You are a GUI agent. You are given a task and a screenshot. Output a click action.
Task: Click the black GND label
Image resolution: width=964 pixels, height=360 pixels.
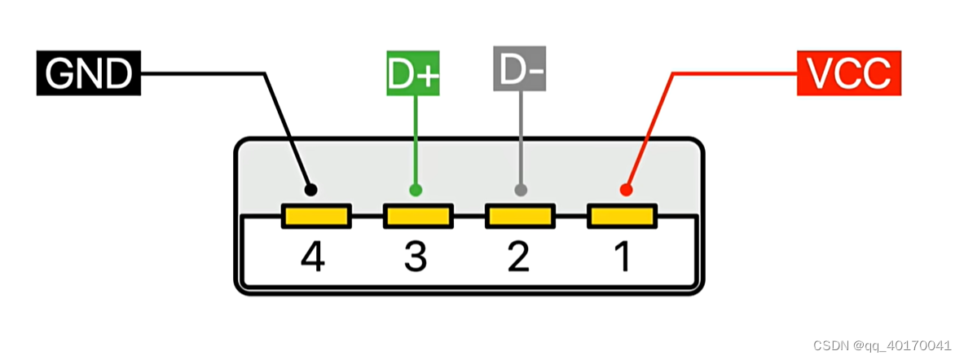click(88, 73)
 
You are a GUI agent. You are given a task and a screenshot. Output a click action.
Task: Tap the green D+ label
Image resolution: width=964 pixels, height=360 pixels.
click(413, 73)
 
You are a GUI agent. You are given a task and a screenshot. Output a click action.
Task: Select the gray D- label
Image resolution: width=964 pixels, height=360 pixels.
click(518, 71)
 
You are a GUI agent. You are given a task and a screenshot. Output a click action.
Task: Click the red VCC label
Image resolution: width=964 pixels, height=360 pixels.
click(847, 73)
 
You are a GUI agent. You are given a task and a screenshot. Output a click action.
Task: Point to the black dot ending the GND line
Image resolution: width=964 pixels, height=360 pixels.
click(310, 190)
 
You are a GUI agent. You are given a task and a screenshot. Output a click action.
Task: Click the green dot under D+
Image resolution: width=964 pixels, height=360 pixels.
click(416, 190)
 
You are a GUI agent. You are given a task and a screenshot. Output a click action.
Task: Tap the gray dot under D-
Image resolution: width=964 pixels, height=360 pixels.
click(521, 190)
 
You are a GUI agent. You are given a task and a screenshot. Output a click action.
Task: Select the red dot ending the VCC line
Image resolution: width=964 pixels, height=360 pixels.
click(626, 190)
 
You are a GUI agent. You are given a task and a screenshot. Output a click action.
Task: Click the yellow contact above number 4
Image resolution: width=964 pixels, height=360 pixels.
click(316, 217)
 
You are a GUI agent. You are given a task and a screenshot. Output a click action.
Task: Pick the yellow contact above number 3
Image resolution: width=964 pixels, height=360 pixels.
click(417, 217)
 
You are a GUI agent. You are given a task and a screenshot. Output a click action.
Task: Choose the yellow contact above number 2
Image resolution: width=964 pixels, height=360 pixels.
click(519, 217)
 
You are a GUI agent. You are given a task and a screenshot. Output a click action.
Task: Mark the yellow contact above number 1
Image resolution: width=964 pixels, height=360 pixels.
click(621, 217)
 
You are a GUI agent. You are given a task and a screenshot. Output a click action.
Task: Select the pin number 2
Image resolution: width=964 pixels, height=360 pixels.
click(518, 257)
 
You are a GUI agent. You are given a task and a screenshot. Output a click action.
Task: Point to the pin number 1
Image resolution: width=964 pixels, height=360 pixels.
click(622, 257)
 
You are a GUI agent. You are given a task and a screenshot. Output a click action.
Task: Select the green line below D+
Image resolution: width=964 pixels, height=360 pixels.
click(416, 138)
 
